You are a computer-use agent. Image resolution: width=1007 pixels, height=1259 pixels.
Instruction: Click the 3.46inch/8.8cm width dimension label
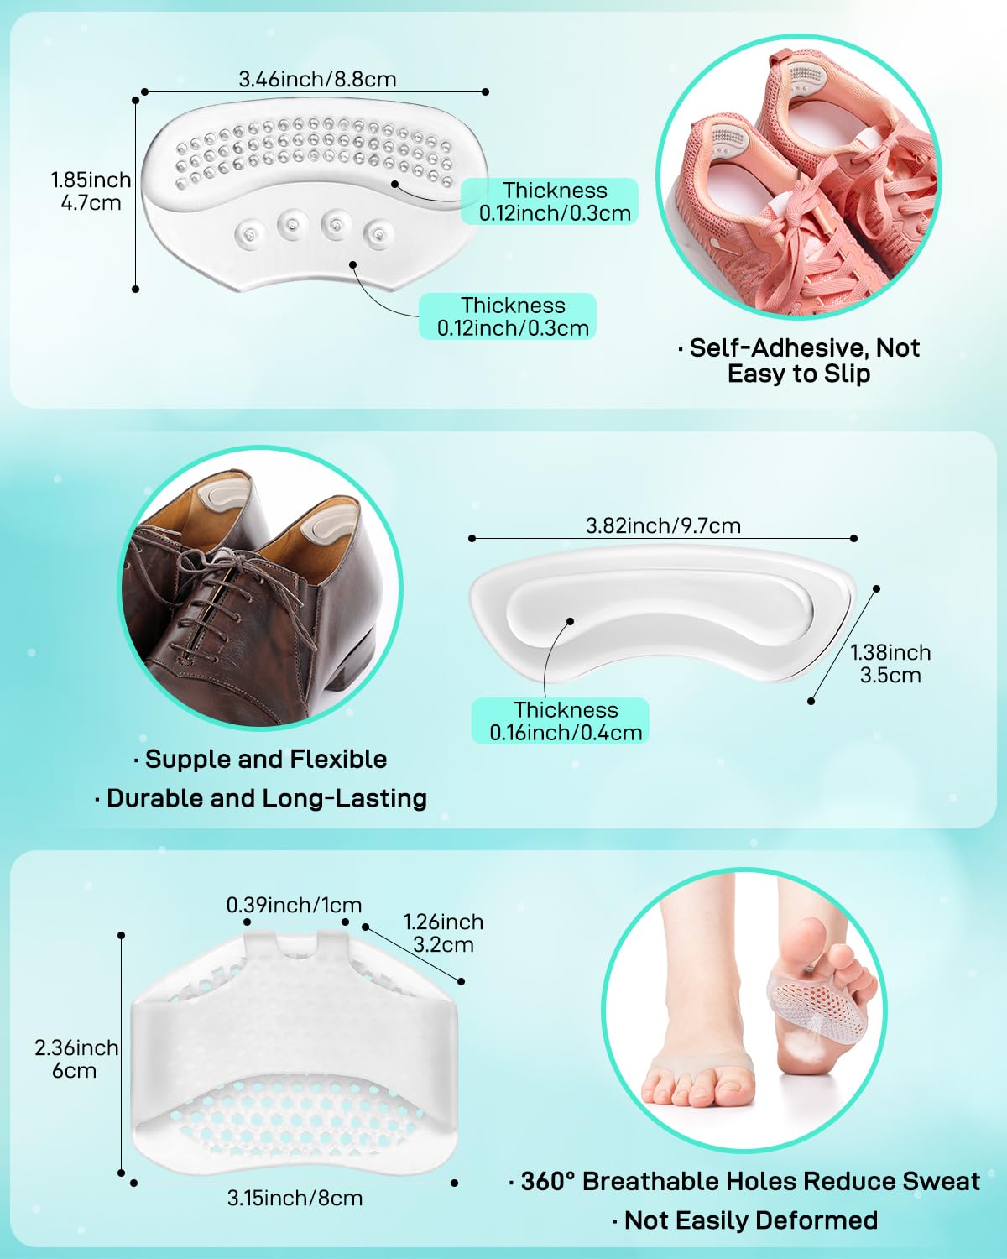(317, 79)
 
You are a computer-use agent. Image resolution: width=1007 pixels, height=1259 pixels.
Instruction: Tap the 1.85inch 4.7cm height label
(91, 191)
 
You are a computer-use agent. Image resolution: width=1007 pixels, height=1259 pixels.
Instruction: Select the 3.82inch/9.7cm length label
(663, 525)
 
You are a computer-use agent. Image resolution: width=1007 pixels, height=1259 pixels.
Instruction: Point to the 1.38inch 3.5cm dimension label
(890, 663)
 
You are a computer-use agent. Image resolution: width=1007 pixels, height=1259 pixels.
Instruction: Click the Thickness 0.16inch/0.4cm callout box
(561, 720)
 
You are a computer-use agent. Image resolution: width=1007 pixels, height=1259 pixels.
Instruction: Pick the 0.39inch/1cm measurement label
(294, 905)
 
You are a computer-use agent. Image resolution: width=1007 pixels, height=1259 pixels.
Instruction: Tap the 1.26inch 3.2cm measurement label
(443, 932)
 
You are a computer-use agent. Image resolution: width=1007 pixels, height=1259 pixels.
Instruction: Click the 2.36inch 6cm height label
(76, 1059)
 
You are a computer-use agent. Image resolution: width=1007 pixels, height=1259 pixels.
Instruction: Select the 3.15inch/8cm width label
(295, 1198)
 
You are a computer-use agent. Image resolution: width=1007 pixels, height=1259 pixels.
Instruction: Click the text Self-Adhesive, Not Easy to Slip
(798, 360)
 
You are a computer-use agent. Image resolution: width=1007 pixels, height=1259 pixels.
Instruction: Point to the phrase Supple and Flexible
(260, 760)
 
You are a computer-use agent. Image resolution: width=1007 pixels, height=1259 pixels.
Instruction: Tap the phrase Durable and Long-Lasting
(261, 798)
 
